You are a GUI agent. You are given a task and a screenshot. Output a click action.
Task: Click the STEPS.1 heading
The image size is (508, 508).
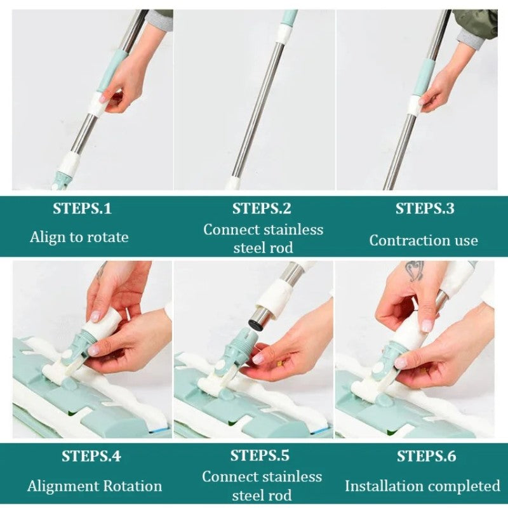[82, 209]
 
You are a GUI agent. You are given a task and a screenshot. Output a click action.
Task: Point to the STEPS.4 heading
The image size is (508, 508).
[91, 456]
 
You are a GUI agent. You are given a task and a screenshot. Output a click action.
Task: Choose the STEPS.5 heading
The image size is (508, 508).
[260, 455]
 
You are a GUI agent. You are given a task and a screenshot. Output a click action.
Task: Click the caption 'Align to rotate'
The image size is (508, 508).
[79, 237]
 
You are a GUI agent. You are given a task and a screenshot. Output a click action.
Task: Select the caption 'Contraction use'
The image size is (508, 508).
[424, 241]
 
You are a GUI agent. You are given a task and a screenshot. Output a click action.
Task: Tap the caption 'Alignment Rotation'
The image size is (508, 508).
[94, 486]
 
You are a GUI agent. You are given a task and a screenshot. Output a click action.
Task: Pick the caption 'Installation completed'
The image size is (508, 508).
[422, 486]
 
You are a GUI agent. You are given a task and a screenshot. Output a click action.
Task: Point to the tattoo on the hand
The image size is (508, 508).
[415, 271]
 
